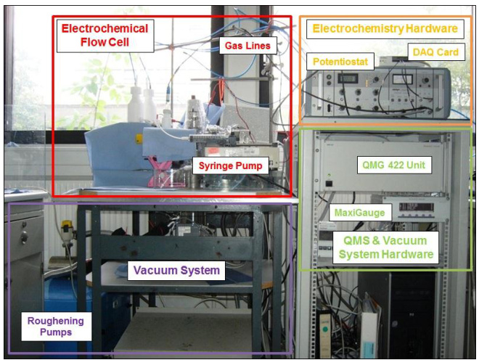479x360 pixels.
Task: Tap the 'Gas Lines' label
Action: (x=246, y=46)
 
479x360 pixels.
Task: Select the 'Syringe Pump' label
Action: (x=230, y=166)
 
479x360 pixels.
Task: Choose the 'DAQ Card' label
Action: (x=435, y=52)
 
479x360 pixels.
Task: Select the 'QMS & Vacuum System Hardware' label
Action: (x=384, y=247)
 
